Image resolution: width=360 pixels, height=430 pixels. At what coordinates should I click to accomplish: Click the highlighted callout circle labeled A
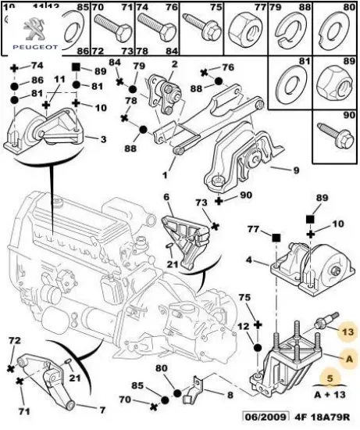(x=349, y=358)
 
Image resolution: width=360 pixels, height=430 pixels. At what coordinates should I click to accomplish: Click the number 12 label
(x=243, y=325)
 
